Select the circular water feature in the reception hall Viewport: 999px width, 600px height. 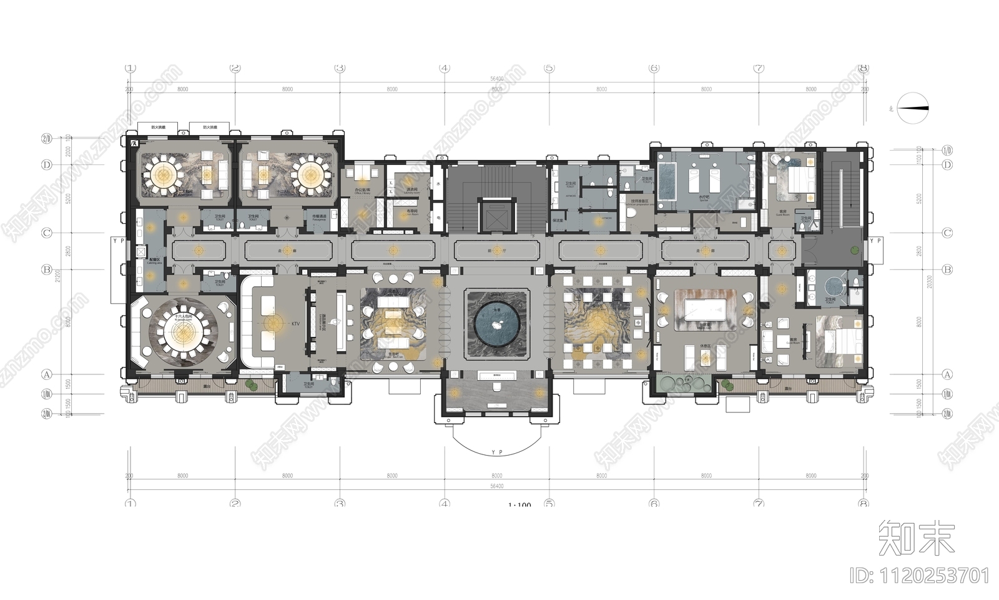497,324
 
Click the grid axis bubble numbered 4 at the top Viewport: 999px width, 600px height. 445,68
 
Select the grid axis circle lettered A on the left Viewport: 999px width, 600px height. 46,374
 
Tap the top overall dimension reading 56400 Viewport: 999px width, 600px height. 497,79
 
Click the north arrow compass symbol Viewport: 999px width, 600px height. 913,107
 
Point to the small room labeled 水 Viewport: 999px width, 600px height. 438,184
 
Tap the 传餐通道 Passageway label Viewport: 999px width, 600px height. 319,217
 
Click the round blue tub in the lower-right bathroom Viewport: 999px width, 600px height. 833,287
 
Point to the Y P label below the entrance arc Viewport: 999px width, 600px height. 497,452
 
